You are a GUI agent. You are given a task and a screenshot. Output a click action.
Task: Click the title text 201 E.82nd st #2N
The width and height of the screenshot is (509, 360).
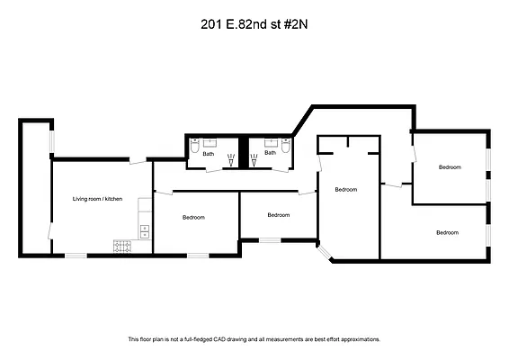[254, 26]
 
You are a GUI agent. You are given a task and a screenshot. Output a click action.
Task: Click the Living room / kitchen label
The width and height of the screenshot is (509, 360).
[97, 198]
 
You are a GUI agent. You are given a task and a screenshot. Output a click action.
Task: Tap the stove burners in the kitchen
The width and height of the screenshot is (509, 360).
[123, 246]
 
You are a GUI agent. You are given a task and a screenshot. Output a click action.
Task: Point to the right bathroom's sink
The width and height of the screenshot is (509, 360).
[270, 141]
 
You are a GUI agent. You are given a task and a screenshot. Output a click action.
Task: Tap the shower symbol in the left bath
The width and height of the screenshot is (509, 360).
[231, 160]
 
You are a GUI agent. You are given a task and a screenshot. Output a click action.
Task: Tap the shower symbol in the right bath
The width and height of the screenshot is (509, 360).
[254, 160]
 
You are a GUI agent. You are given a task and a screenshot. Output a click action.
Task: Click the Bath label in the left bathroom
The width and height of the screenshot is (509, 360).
[208, 154]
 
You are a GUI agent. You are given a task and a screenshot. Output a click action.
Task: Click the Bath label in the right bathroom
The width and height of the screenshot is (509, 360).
[269, 154]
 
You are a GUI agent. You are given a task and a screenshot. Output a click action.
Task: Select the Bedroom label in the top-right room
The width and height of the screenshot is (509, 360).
[450, 167]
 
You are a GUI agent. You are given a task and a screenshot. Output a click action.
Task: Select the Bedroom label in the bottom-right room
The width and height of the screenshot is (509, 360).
[447, 232]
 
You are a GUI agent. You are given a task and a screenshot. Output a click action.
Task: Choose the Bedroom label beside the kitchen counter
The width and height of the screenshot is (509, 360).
[193, 217]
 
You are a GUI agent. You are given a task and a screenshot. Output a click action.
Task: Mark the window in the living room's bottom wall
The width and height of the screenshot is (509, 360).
[76, 255]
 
